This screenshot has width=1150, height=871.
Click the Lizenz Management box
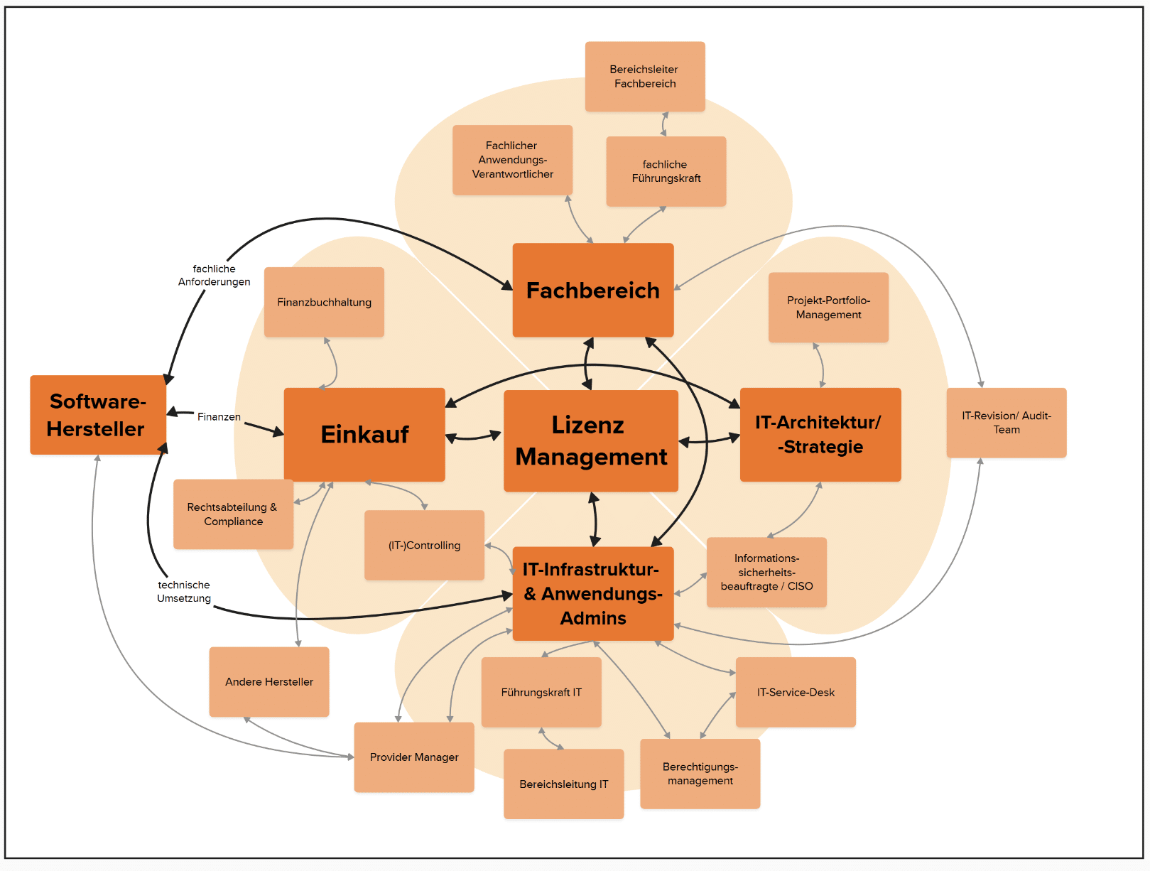coord(590,440)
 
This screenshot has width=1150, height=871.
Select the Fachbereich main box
coord(592,290)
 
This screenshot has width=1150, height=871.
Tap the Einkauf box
coord(364,434)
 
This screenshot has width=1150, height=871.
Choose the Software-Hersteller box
coord(97,415)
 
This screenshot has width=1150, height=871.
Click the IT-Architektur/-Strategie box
coord(820,434)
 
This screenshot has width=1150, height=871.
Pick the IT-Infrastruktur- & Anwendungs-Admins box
coord(592,593)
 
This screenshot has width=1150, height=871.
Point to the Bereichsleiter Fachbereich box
coord(644,76)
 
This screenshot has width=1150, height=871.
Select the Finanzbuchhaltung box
coord(324,302)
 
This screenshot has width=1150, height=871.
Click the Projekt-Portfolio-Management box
coord(828,307)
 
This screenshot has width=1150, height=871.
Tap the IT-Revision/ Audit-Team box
coord(1006,422)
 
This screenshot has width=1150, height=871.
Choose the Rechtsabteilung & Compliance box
coord(233,514)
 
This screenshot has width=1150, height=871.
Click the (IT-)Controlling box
coord(424,545)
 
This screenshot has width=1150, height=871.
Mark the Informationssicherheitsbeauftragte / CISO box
coord(766,572)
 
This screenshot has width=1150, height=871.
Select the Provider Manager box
coord(414,757)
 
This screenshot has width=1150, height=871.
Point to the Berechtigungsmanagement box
coord(700,773)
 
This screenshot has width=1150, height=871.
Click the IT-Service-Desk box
coord(796,692)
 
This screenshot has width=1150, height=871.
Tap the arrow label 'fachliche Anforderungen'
coord(214,275)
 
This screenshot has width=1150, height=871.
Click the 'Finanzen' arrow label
coord(219,416)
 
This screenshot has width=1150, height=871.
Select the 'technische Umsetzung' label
coord(184,591)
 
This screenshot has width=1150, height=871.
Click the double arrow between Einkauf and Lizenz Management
coord(474,436)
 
